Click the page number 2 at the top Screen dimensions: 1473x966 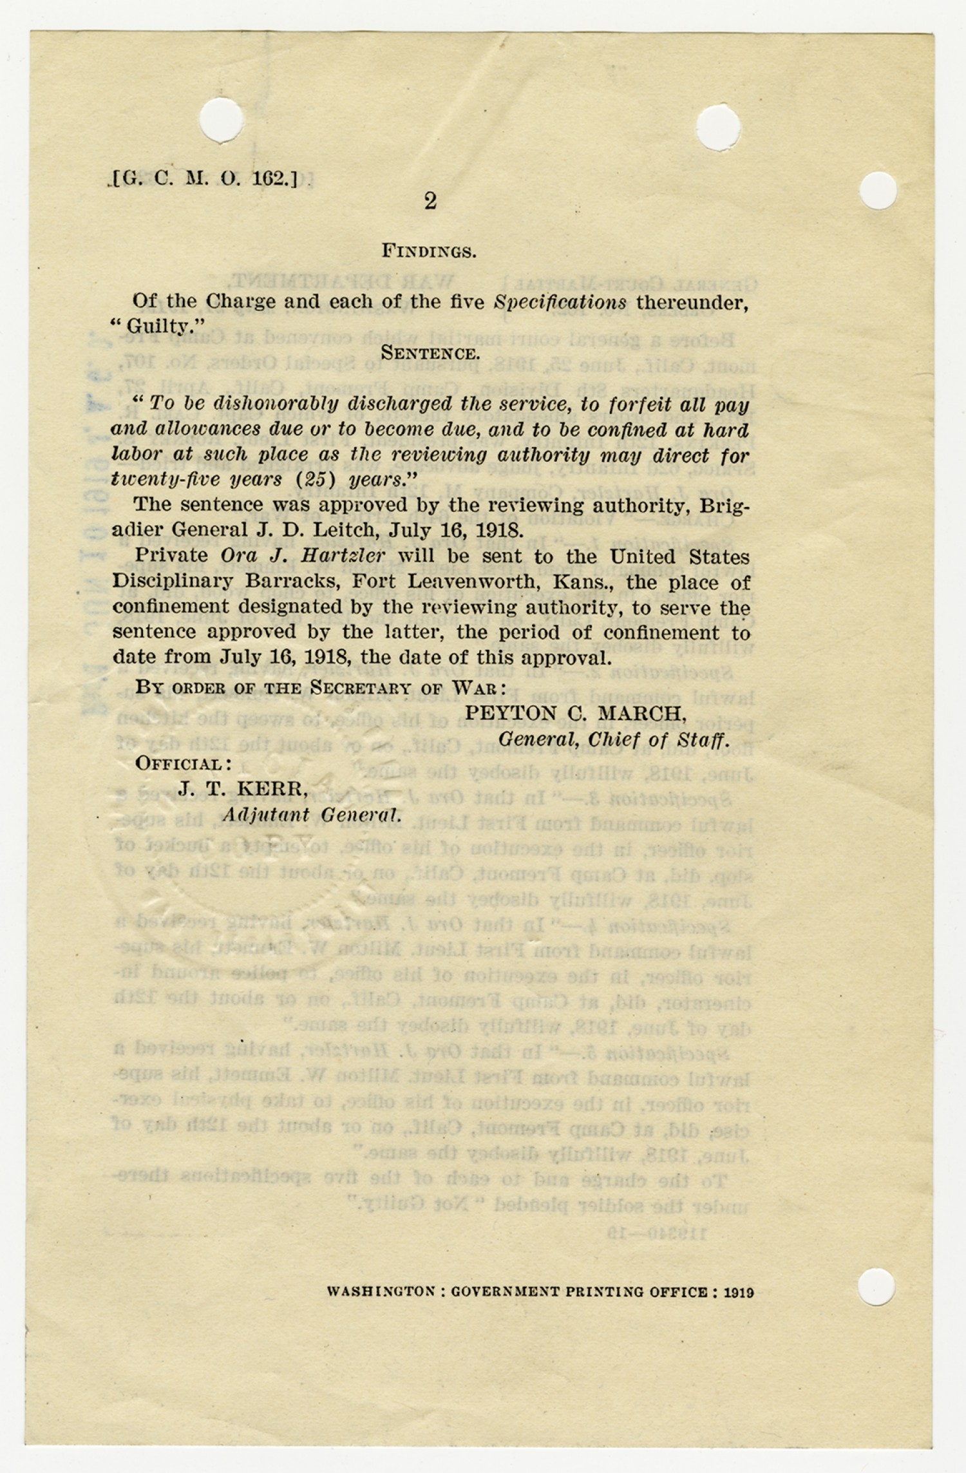(x=430, y=202)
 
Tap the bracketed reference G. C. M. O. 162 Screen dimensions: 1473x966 (x=205, y=178)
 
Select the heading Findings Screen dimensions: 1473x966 (x=429, y=251)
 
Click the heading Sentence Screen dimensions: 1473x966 (x=430, y=353)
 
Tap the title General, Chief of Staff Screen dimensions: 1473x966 (x=614, y=739)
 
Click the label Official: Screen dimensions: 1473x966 (x=184, y=764)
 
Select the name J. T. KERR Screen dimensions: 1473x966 (x=243, y=789)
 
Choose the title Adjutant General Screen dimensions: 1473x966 (x=312, y=815)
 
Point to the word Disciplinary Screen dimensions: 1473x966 (x=172, y=582)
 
